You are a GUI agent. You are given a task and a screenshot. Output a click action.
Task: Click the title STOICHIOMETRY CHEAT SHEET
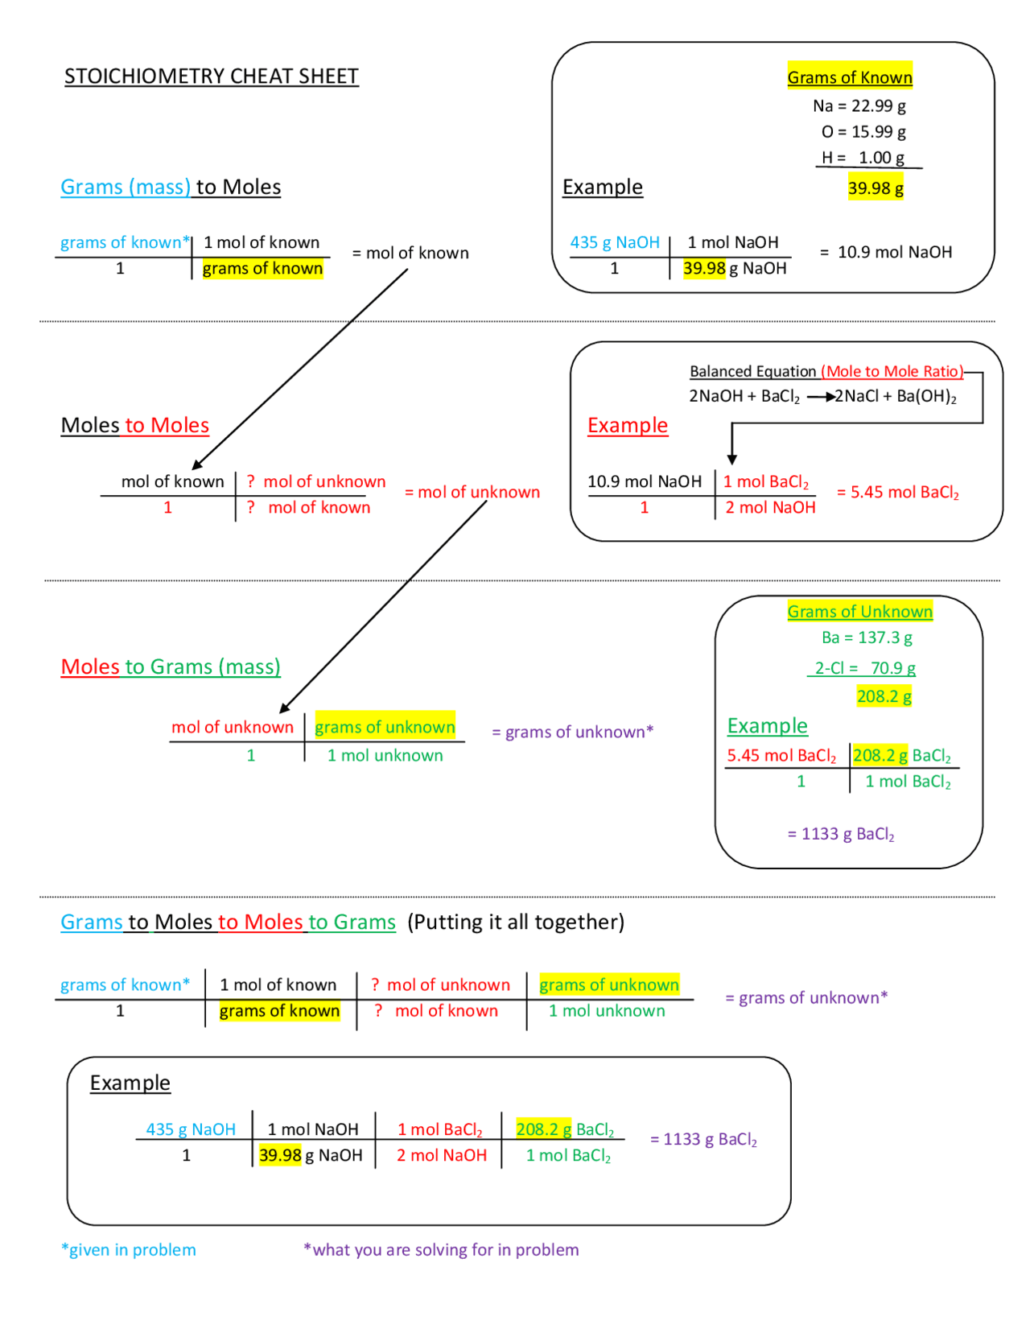tap(211, 76)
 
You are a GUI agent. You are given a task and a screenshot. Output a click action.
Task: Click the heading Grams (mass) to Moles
tap(171, 187)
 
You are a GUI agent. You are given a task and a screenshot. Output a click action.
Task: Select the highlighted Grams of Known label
tap(849, 77)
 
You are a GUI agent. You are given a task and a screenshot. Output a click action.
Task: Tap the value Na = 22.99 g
tap(859, 105)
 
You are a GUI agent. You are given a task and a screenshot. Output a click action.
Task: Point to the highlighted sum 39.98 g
tap(875, 188)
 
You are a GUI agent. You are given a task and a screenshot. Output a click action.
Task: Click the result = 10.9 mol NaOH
tap(886, 252)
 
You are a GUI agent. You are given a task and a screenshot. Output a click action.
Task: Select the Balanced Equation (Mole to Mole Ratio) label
tap(826, 371)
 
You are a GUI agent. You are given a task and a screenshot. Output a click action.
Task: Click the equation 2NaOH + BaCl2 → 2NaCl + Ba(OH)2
tap(822, 396)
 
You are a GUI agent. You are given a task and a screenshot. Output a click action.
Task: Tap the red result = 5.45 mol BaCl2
tap(897, 492)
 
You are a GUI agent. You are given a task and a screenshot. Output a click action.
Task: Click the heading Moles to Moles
tap(135, 425)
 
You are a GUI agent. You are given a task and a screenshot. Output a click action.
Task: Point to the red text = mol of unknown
tap(472, 492)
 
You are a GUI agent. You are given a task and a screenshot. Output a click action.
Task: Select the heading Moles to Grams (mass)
tap(171, 666)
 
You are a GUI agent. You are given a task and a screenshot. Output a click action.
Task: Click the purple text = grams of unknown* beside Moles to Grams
tap(572, 732)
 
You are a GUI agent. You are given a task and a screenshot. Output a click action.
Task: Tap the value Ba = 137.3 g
tap(866, 638)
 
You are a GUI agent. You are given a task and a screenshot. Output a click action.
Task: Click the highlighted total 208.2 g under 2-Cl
tap(883, 696)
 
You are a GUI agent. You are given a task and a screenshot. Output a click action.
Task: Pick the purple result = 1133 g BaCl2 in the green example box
tap(840, 834)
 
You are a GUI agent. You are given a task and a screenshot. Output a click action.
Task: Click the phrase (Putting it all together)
tap(515, 922)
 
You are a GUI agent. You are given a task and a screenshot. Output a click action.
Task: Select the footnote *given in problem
tap(129, 1249)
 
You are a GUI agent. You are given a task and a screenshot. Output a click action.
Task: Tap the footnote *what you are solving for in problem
tap(441, 1249)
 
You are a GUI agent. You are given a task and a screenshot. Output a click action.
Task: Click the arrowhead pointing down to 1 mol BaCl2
tap(731, 459)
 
